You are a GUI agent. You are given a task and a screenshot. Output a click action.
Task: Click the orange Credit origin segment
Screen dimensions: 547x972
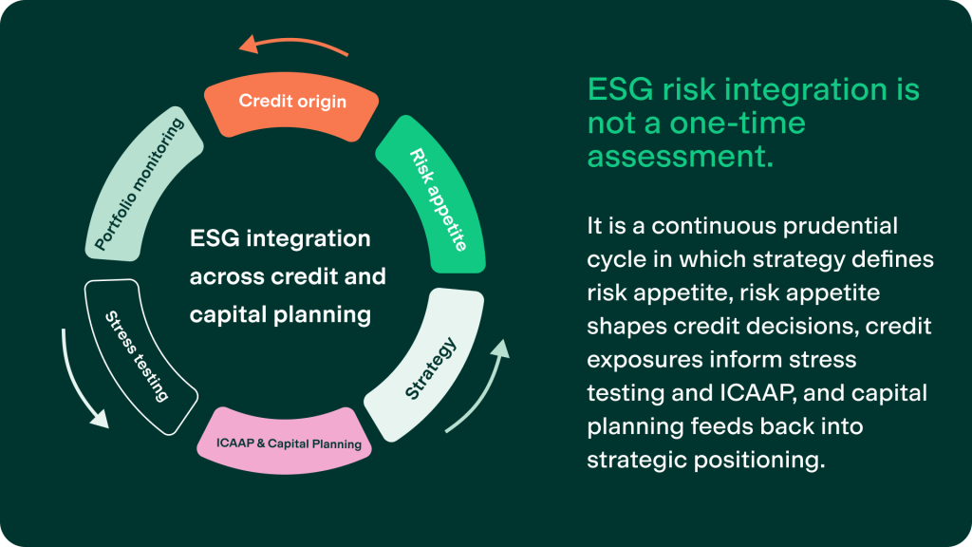[x=291, y=101]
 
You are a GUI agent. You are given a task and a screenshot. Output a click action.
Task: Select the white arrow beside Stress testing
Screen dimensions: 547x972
[x=80, y=380]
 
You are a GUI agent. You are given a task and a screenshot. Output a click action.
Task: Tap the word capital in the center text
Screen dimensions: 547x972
[x=230, y=314]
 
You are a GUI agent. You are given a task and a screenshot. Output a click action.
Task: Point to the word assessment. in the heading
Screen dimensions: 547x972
[x=680, y=156]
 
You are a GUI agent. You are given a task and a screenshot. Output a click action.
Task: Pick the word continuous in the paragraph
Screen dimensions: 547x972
[x=700, y=227]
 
